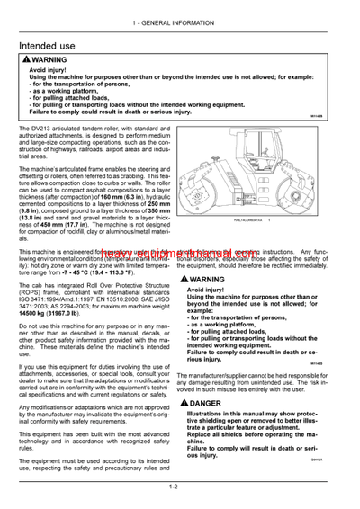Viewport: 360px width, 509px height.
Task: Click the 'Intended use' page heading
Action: pyautogui.click(x=53, y=44)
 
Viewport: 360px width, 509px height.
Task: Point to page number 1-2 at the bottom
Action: pyautogui.click(x=179, y=487)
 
